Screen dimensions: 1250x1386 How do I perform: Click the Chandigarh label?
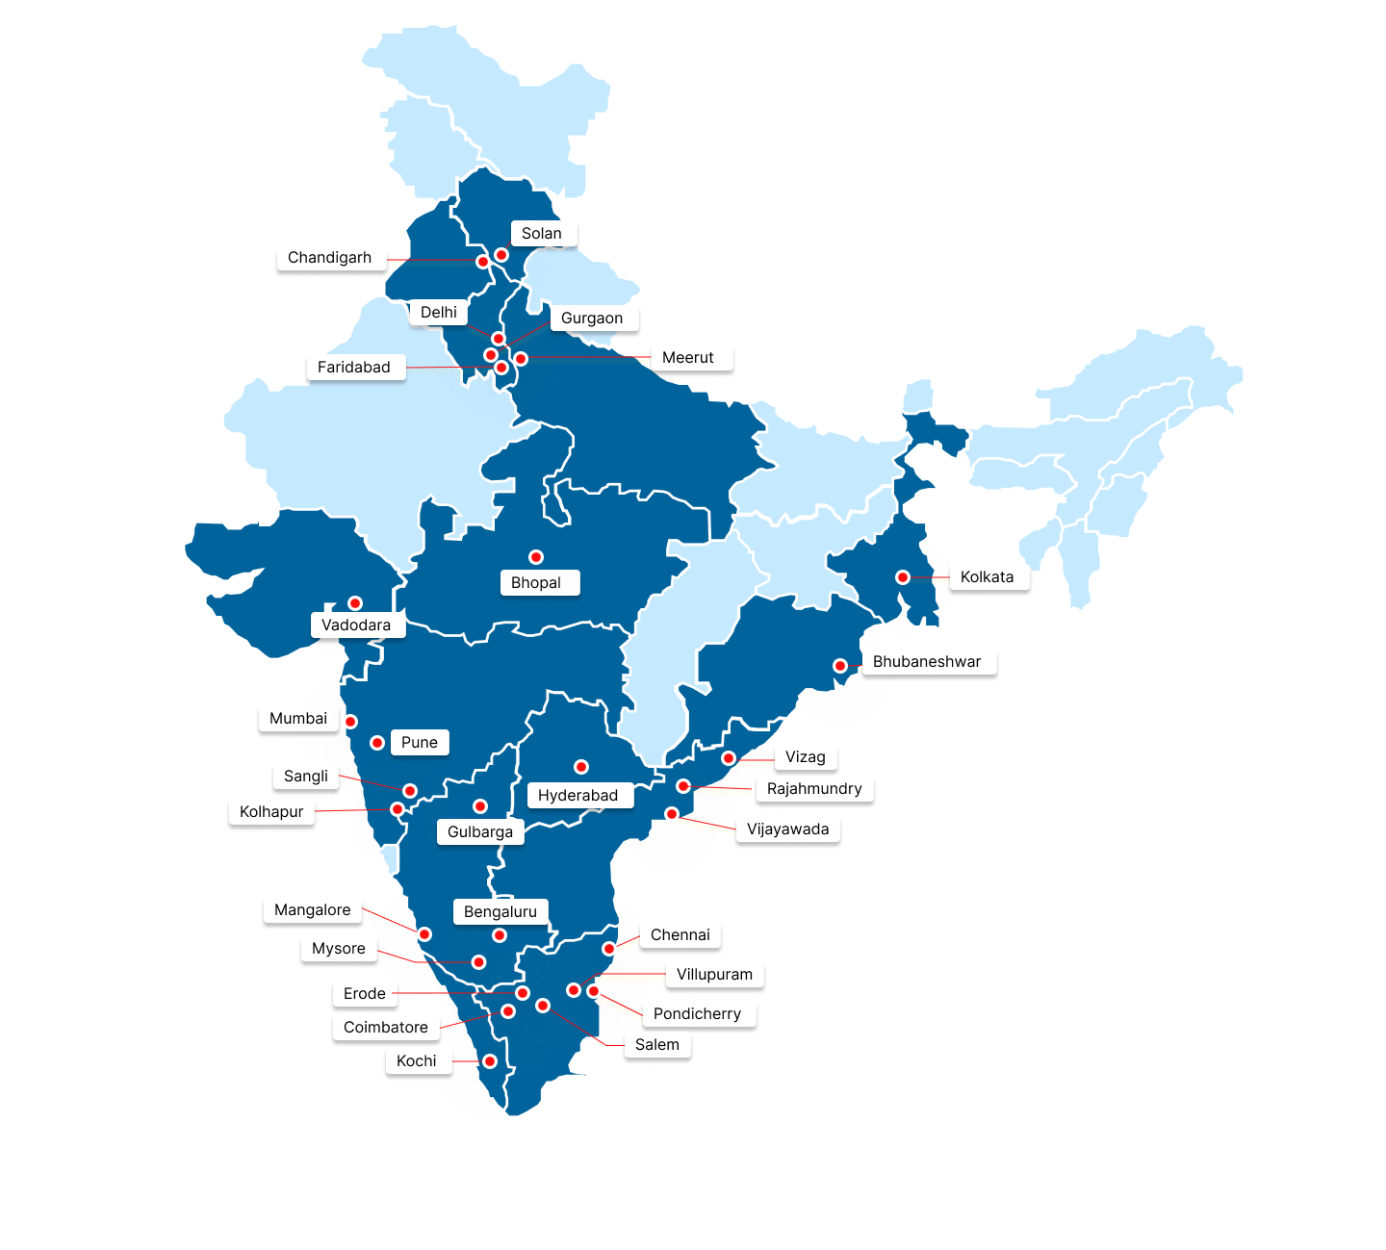pyautogui.click(x=329, y=258)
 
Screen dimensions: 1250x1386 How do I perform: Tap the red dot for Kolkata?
pyautogui.click(x=902, y=577)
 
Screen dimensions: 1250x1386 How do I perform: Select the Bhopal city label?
pyautogui.click(x=536, y=583)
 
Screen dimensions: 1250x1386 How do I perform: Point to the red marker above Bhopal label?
pyautogui.click(x=536, y=557)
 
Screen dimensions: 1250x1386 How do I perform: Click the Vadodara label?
pyautogui.click(x=356, y=625)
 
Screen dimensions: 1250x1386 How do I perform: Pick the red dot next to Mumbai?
pyautogui.click(x=351, y=722)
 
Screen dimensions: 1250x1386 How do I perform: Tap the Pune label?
pyautogui.click(x=420, y=743)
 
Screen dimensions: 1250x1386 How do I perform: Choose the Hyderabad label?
pyautogui.click(x=577, y=796)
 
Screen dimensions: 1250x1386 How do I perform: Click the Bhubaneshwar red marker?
pyautogui.click(x=840, y=666)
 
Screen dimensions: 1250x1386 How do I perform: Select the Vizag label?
pyautogui.click(x=806, y=757)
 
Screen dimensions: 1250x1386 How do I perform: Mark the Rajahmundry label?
pyautogui.click(x=814, y=789)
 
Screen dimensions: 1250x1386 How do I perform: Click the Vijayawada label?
pyautogui.click(x=787, y=829)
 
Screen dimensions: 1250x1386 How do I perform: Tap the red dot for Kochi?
pyautogui.click(x=490, y=1061)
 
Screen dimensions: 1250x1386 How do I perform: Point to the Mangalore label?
pyautogui.click(x=313, y=910)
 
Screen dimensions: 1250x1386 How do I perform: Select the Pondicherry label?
pyautogui.click(x=697, y=1014)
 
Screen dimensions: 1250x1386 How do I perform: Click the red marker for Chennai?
pyautogui.click(x=608, y=949)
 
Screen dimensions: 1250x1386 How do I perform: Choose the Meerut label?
pyautogui.click(x=688, y=358)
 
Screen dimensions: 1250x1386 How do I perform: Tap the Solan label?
pyautogui.click(x=542, y=234)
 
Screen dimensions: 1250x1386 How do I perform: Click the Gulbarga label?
pyautogui.click(x=480, y=832)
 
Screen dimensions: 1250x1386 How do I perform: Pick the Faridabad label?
pyautogui.click(x=354, y=368)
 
